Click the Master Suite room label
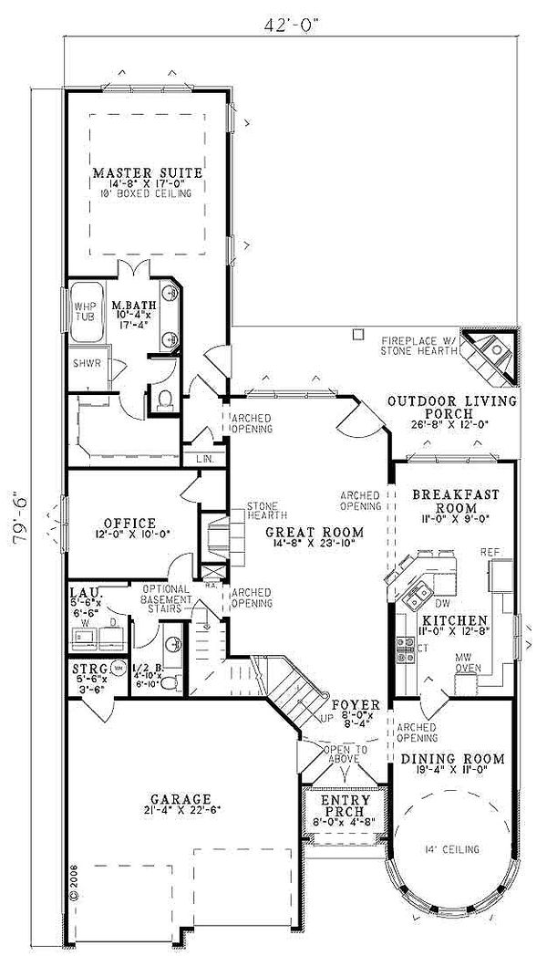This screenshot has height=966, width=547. pos(147,172)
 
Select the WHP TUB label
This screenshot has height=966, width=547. pos(84,312)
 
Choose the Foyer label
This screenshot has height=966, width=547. pos(349,705)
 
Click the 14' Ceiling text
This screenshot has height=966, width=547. pos(453,849)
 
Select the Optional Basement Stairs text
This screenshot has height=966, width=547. pos(165,599)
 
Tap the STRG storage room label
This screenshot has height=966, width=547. pos(92,669)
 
